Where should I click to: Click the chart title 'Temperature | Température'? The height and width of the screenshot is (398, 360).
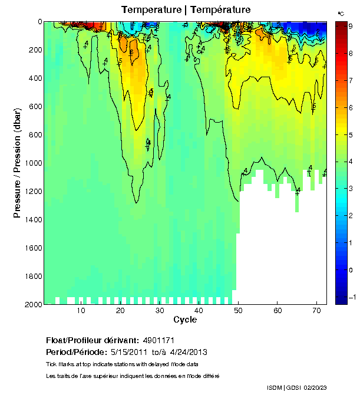(x=186, y=9)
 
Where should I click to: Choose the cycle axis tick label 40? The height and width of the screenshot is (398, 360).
(x=199, y=311)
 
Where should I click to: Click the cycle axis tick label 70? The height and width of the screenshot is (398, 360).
(x=316, y=311)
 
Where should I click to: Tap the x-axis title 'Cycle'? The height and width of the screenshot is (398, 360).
(x=185, y=320)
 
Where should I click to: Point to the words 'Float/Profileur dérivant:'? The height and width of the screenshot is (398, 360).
(x=91, y=341)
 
